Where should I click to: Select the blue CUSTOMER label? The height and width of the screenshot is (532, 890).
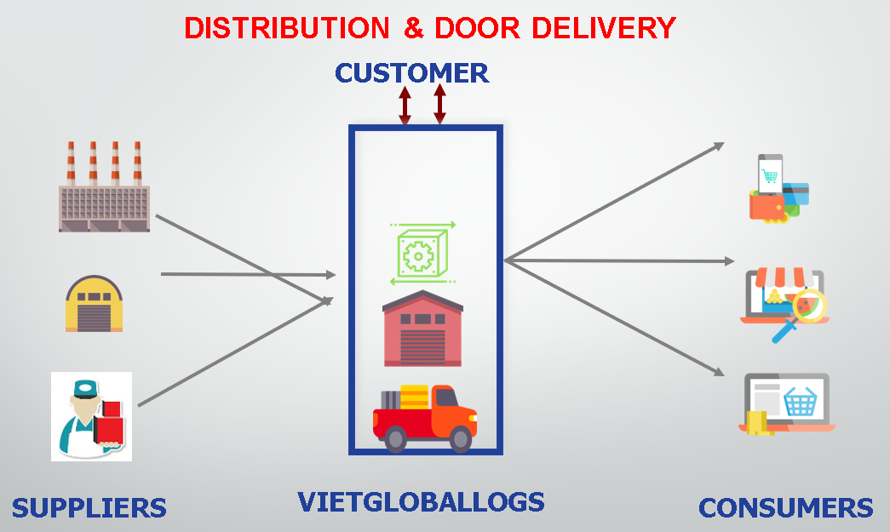coord(411,73)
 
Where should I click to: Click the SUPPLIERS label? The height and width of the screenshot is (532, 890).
coord(89,508)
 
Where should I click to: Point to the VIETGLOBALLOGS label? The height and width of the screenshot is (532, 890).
coord(421,501)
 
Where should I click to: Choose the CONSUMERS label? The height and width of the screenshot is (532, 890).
coord(785,508)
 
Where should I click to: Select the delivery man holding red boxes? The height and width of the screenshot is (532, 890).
coord(91,416)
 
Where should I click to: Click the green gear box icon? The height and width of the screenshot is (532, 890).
coord(422,253)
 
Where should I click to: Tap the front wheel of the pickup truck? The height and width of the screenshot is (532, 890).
coord(459,439)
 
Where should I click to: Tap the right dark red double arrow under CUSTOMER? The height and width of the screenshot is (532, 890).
coord(439,104)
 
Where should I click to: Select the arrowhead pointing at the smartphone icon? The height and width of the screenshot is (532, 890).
coord(719,146)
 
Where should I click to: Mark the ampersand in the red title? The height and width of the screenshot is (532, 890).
coord(414,28)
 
